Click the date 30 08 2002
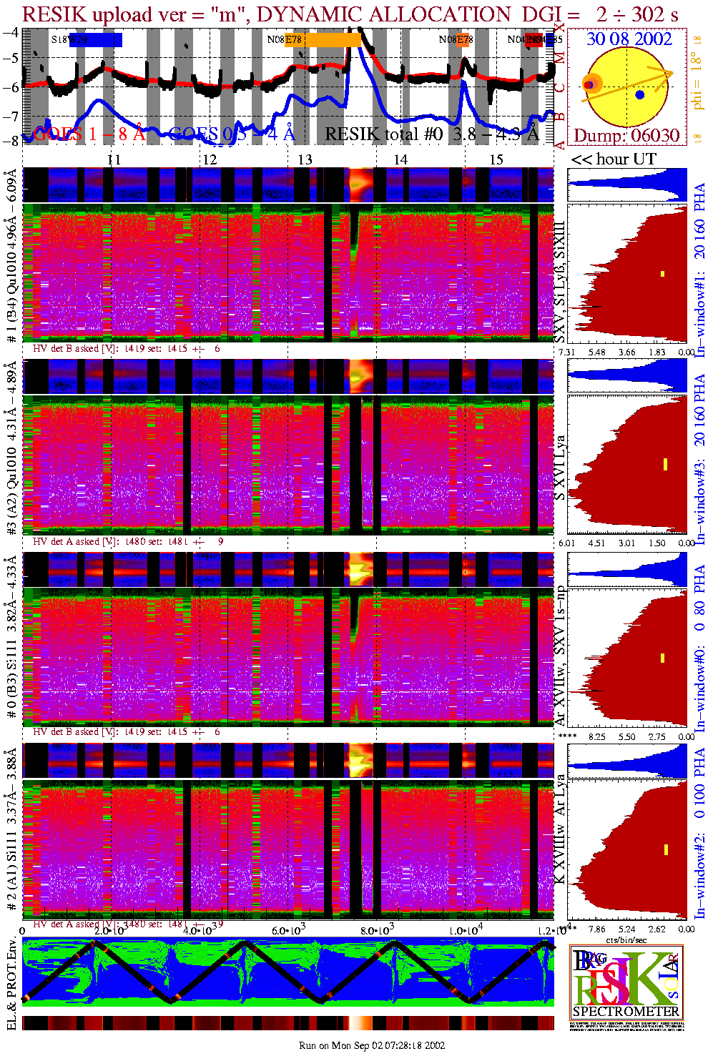coord(629,39)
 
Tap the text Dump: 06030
coord(626,136)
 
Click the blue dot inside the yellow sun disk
coord(640,94)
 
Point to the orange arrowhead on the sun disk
coord(668,74)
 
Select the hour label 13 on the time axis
coord(305,159)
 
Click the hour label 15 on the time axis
coord(496,159)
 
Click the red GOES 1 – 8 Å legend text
coord(89,134)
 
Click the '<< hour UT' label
coord(613,159)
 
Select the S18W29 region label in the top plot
coord(69,40)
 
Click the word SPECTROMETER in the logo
coord(626,1012)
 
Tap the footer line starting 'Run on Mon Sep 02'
coord(372,1045)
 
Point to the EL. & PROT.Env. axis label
coord(11,984)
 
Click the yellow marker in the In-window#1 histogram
coord(663,274)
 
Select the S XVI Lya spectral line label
coord(560,468)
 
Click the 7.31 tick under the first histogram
coord(566,352)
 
